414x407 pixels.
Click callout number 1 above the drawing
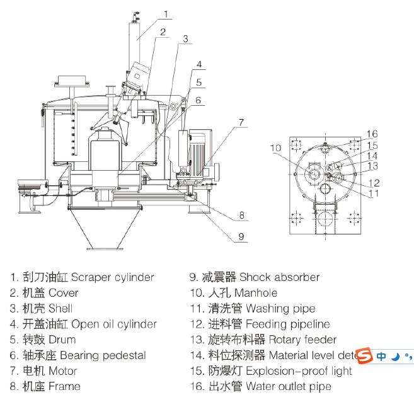click(166, 13)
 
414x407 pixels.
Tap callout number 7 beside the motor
click(241, 122)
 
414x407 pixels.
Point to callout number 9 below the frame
click(241, 238)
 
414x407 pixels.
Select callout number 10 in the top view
click(275, 148)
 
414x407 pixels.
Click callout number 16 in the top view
click(372, 134)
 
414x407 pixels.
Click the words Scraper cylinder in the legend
click(112, 277)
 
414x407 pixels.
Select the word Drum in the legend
click(61, 340)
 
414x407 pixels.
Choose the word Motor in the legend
click(62, 370)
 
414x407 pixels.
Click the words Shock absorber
click(279, 277)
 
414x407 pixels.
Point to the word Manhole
click(255, 293)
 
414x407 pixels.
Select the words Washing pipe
click(280, 309)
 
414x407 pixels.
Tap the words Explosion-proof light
click(299, 370)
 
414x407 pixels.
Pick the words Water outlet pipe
click(288, 386)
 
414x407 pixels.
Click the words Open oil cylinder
click(114, 324)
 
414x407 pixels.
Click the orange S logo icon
click(364, 356)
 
